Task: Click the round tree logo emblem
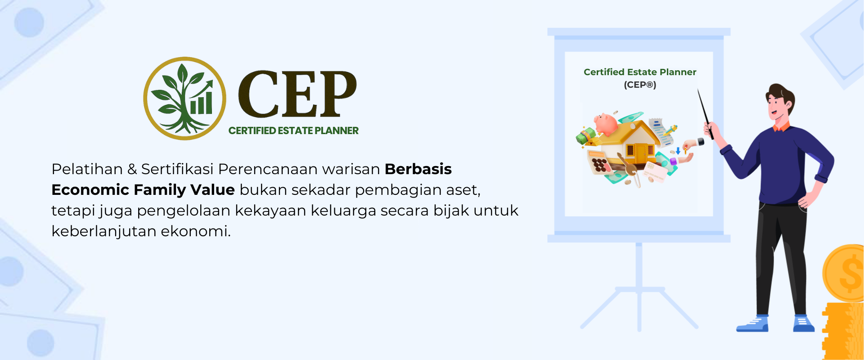tap(184, 98)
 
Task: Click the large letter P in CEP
tap(336, 93)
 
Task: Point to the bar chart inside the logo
tap(201, 103)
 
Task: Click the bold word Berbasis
tap(418, 169)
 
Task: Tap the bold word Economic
tap(90, 190)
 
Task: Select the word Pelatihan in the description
tap(87, 169)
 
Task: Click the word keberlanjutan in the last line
tap(103, 231)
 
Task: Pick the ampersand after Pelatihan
tap(132, 170)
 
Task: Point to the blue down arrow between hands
tap(678, 150)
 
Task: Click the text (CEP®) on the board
tap(640, 85)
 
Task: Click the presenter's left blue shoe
tap(752, 324)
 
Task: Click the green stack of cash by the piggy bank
tap(586, 135)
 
